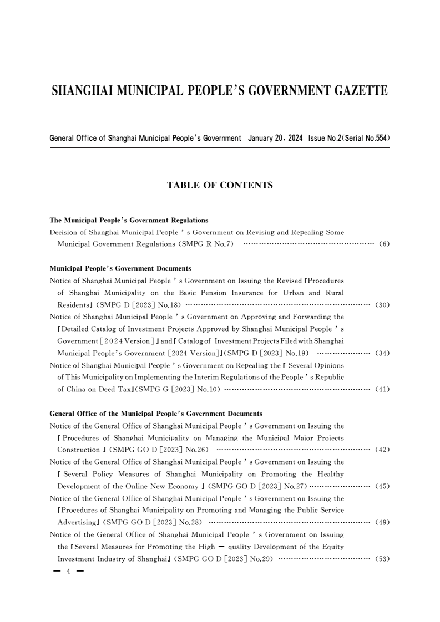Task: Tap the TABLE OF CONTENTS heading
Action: pos(220,186)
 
